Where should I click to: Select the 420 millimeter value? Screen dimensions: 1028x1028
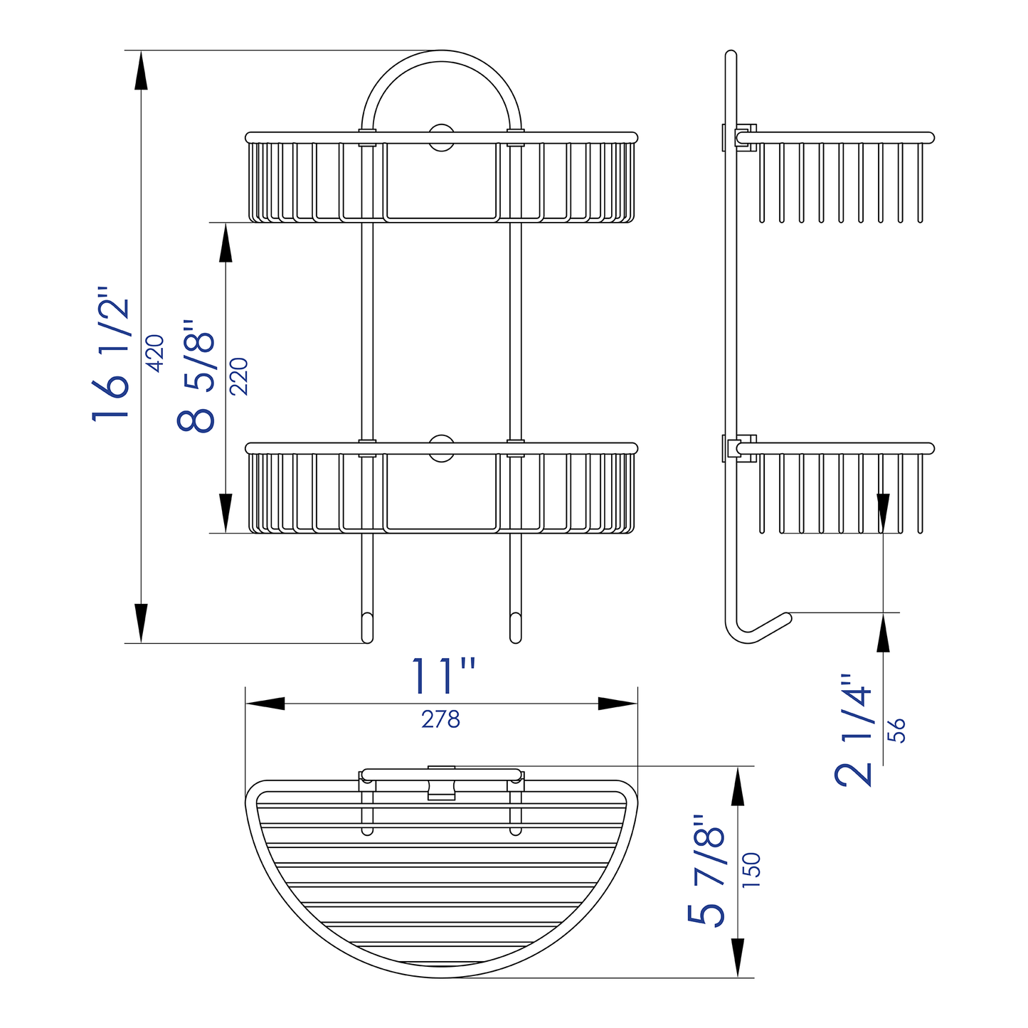tap(155, 352)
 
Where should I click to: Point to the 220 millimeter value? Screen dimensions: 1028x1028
tap(239, 376)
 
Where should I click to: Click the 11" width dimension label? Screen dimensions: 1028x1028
tap(443, 676)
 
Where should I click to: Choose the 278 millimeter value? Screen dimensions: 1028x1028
tap(440, 720)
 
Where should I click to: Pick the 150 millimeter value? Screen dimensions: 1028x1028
tap(751, 869)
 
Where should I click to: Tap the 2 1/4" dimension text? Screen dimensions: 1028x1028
tap(854, 730)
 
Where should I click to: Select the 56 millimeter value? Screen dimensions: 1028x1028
tap(898, 731)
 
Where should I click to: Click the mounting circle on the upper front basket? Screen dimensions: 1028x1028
tap(441, 137)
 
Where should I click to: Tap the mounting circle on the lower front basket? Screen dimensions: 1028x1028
tap(441, 448)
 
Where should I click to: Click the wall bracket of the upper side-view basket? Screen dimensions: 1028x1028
tap(740, 137)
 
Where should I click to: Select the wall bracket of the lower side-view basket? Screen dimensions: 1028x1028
tap(740, 448)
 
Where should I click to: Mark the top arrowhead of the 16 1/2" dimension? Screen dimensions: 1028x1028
tap(141, 70)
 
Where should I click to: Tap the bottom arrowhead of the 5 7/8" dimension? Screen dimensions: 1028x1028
tap(738, 958)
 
